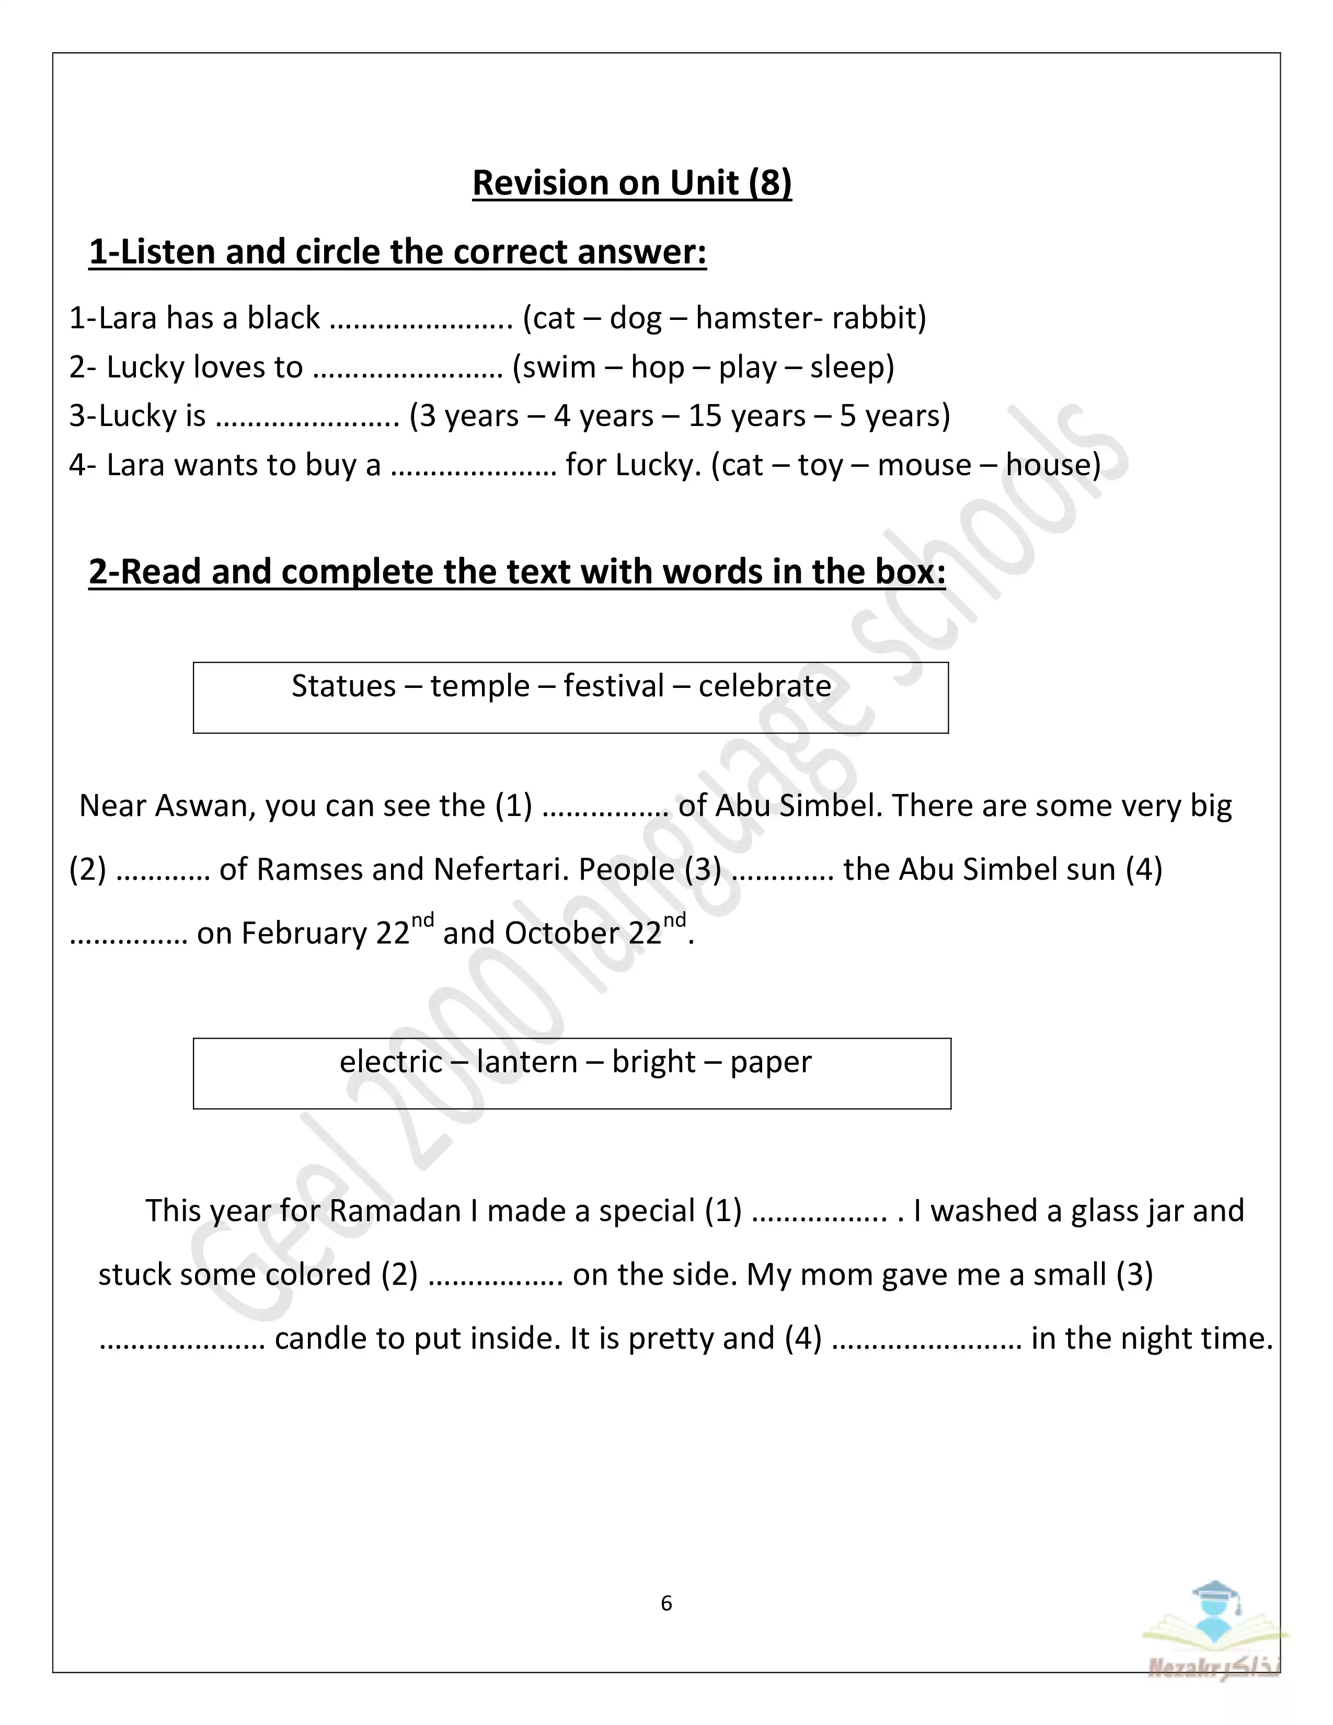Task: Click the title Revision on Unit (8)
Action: pos(632,183)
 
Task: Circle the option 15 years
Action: pos(746,416)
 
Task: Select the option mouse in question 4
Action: pos(924,465)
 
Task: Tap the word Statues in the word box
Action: pos(343,686)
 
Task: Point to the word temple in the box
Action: pos(479,686)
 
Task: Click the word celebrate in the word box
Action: pos(764,686)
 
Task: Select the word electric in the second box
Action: pos(391,1062)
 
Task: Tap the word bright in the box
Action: pos(654,1062)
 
